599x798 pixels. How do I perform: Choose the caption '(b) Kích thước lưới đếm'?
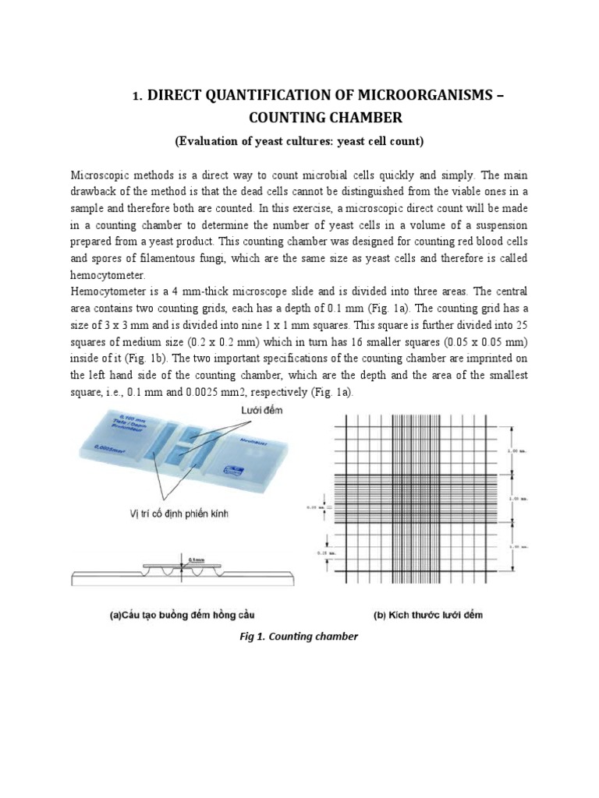[428, 615]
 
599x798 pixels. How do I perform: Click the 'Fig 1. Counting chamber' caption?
[299, 637]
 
